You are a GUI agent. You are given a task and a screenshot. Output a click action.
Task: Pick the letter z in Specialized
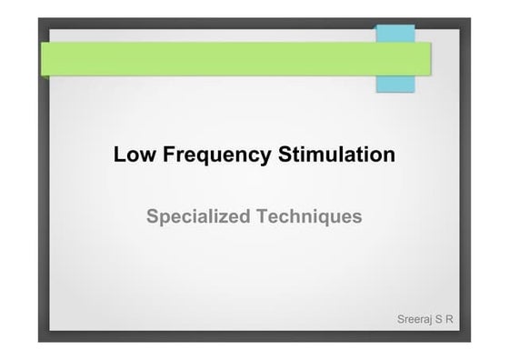pos(231,218)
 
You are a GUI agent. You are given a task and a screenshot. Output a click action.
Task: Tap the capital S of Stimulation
pos(283,155)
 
